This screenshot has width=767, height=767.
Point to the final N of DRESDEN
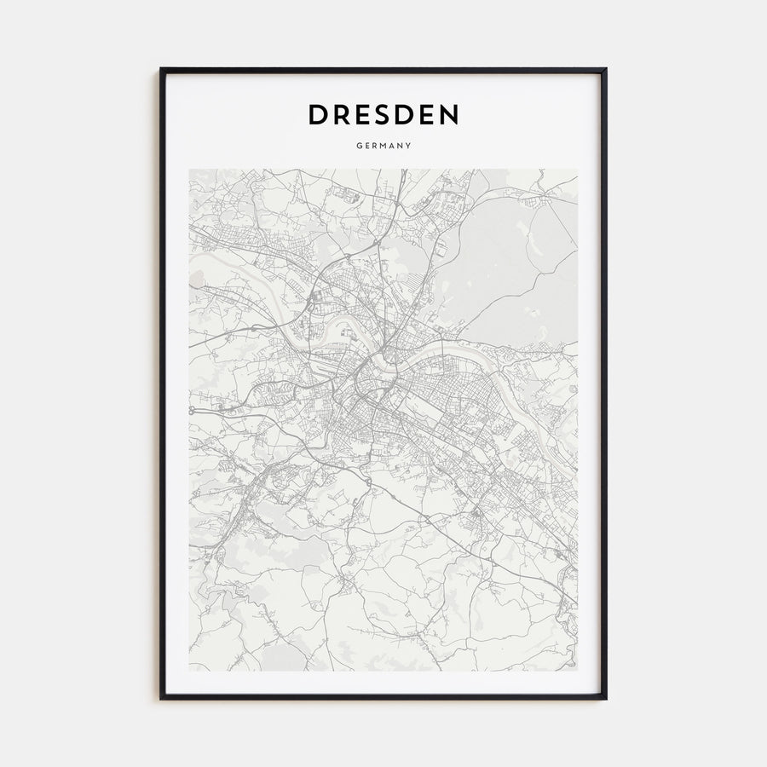[x=447, y=115]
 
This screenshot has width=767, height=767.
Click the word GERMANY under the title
[x=383, y=146]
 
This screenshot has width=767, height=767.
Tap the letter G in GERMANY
[x=359, y=146]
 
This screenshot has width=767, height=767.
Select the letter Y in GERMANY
[x=409, y=146]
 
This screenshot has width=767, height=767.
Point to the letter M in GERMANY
[x=383, y=146]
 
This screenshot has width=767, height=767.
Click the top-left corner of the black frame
[x=161, y=69]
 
